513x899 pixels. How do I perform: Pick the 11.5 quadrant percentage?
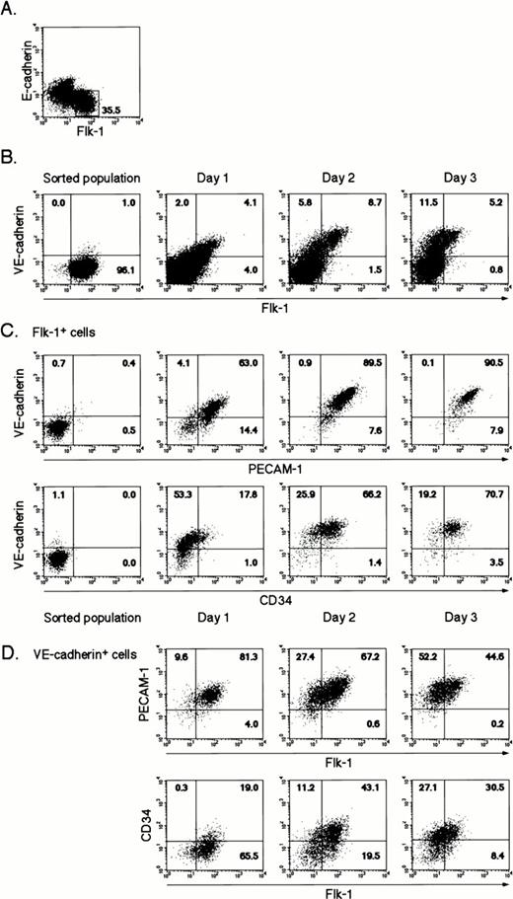click(403, 200)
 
